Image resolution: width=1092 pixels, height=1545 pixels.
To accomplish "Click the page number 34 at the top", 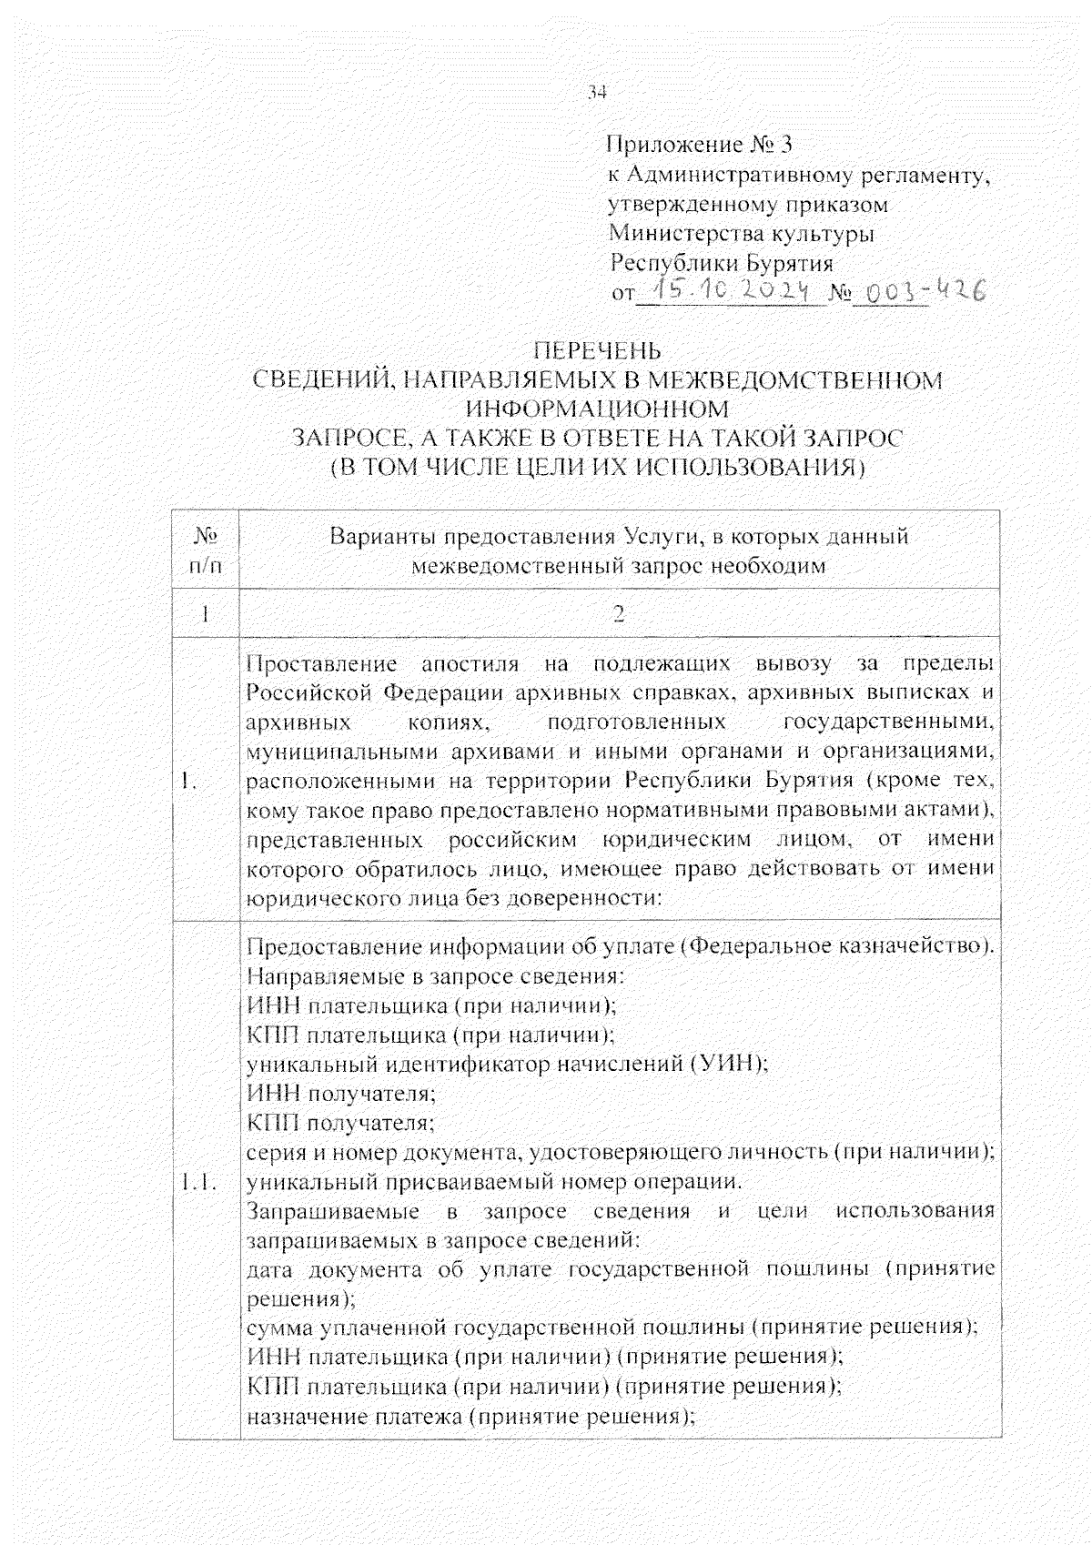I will [x=597, y=92].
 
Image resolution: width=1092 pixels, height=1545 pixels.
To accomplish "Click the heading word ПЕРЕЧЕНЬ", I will [x=597, y=351].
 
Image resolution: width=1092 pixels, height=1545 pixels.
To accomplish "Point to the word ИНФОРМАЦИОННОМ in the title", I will [x=597, y=409].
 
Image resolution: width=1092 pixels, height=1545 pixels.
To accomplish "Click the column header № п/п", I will [x=207, y=551].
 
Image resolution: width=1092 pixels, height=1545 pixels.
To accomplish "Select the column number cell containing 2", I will [x=619, y=615].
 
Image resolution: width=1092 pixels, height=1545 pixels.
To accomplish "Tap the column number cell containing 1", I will [x=207, y=615].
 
